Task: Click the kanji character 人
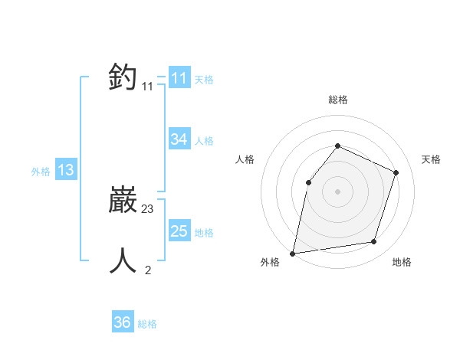click(123, 260)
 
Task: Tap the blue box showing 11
click(179, 78)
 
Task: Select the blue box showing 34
click(179, 139)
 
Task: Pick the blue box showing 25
click(179, 231)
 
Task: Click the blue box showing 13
click(66, 170)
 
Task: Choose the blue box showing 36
click(123, 322)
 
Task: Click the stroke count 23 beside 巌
click(148, 208)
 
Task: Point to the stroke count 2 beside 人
click(148, 269)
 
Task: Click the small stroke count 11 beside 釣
click(147, 87)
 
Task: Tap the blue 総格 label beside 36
click(147, 324)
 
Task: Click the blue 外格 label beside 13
click(41, 172)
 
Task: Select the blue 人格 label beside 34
click(204, 141)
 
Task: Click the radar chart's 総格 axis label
click(337, 100)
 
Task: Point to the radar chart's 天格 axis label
click(432, 159)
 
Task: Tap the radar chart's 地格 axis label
click(402, 262)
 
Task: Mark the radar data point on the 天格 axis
click(396, 172)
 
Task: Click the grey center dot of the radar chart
click(337, 191)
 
